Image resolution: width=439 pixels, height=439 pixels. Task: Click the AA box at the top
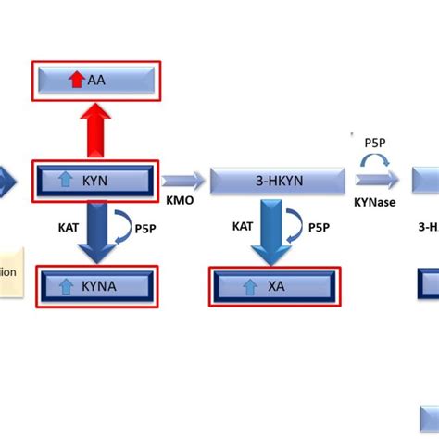(x=96, y=82)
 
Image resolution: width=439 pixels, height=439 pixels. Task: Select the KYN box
(x=96, y=181)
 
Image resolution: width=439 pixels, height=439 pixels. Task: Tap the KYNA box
(x=96, y=286)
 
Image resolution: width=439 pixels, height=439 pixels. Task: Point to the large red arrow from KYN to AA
(x=96, y=131)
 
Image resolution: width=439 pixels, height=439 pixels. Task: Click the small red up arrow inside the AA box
(x=77, y=82)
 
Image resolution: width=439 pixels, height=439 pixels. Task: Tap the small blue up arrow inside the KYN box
(x=66, y=181)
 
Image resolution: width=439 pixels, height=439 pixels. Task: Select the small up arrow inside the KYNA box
(x=66, y=286)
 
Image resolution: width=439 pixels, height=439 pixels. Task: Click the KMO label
(x=179, y=199)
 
